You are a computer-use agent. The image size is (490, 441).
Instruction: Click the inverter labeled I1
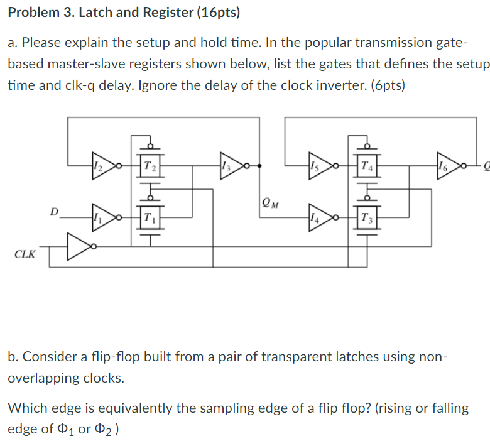[101, 216]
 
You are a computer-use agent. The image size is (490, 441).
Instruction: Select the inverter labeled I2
[101, 166]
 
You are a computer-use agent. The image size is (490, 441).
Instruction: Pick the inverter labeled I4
[317, 216]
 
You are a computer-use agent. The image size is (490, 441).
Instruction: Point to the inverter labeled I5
[317, 166]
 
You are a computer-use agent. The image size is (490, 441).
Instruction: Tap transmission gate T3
[367, 217]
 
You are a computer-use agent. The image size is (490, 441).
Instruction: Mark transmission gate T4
[367, 166]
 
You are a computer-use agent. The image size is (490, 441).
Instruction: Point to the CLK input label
[25, 254]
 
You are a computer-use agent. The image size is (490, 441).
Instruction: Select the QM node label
[268, 202]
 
